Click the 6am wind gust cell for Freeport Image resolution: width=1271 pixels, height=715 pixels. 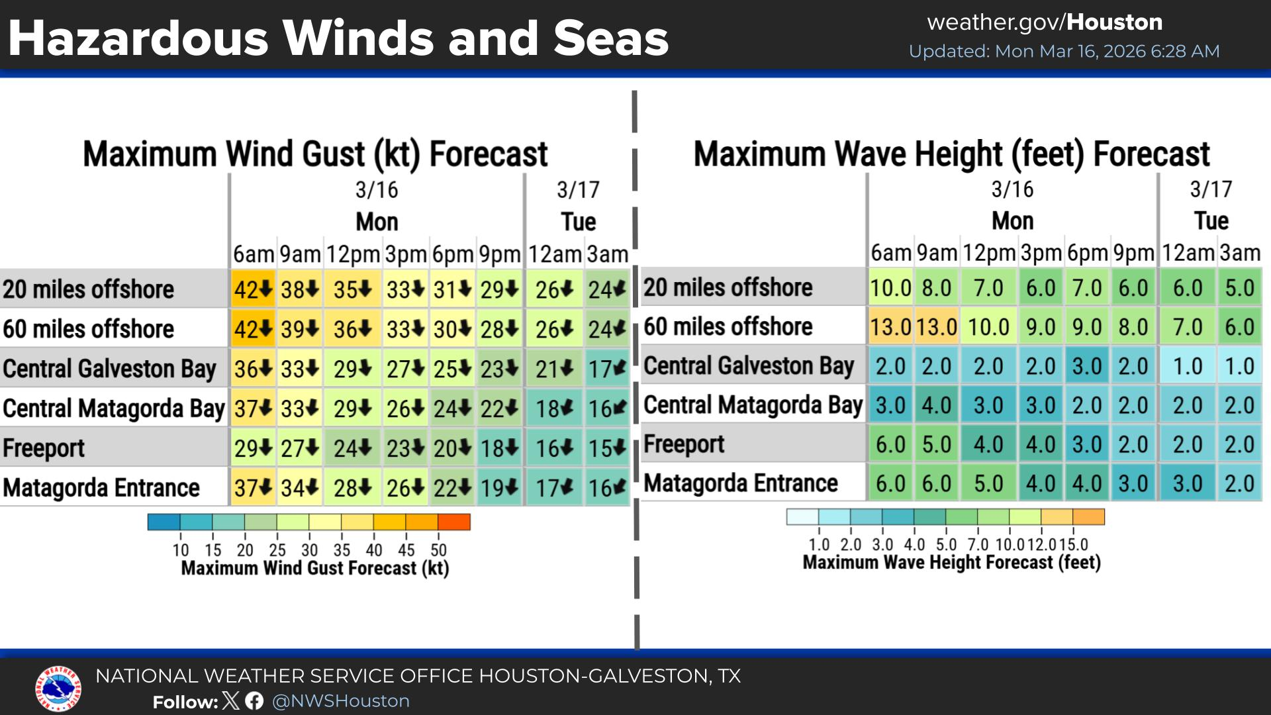[x=254, y=448]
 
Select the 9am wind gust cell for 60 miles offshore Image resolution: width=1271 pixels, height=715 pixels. [x=300, y=329]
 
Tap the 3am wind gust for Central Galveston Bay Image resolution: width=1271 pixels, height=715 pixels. [x=607, y=369]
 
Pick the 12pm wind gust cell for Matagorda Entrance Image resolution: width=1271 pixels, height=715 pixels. [x=353, y=488]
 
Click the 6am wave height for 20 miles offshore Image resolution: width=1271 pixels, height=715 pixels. [x=891, y=288]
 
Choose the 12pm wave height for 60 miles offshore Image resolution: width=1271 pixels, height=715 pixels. [x=989, y=327]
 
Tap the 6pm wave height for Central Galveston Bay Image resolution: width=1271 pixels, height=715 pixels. [x=1087, y=366]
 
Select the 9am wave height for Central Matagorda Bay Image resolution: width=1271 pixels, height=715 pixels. [x=937, y=405]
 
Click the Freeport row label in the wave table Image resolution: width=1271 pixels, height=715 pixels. [x=684, y=444]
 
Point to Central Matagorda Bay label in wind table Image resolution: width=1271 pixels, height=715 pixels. [x=114, y=408]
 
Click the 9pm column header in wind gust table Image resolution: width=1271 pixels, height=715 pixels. [x=500, y=254]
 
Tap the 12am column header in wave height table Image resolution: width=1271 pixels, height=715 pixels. [x=1188, y=253]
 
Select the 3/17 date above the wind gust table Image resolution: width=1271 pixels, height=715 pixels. [x=578, y=190]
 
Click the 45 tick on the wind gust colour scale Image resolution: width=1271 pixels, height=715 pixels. [x=406, y=550]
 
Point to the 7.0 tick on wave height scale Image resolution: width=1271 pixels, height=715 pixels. [x=978, y=545]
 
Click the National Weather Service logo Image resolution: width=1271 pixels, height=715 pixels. [x=58, y=689]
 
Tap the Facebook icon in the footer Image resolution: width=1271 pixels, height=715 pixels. [x=254, y=701]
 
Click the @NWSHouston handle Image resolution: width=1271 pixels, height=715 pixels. [x=341, y=701]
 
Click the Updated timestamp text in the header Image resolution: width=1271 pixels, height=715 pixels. [x=1064, y=52]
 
